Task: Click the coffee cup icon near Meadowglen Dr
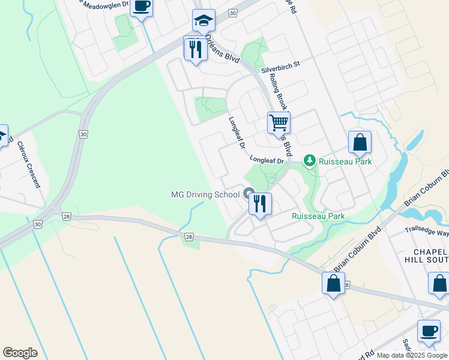(142, 7)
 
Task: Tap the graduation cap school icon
(203, 21)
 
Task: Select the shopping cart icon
(279, 122)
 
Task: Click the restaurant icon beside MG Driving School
(260, 203)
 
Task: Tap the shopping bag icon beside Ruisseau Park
(360, 143)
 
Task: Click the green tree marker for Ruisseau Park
(309, 161)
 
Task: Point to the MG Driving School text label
(205, 194)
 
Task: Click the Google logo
(20, 353)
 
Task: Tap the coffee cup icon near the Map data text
(429, 331)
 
